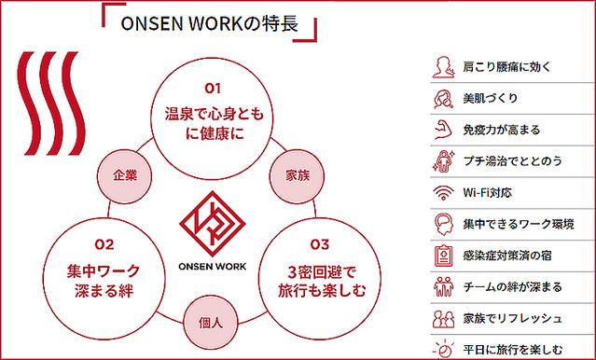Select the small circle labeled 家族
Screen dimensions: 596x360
(x=297, y=174)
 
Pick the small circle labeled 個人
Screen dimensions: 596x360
(x=210, y=322)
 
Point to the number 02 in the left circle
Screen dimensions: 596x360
(x=104, y=245)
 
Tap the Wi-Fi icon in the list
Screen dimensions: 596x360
(x=442, y=194)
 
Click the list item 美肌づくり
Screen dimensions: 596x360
(x=490, y=98)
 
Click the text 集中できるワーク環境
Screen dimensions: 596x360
(x=518, y=225)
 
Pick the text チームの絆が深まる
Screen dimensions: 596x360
(x=512, y=288)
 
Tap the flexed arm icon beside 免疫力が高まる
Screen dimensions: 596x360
(x=442, y=130)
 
